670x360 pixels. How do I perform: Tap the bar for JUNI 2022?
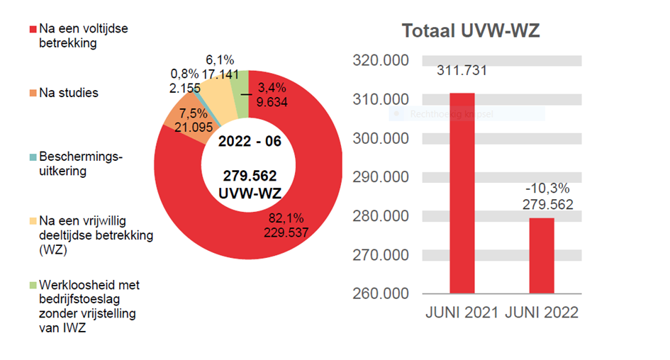542,255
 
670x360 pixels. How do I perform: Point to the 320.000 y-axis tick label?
381,61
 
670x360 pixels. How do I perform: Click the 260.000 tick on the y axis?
381,293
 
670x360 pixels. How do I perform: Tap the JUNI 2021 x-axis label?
462,313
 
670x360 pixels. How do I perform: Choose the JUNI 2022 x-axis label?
542,313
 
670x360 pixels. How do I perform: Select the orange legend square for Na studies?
32,94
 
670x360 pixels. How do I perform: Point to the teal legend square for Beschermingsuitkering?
32,157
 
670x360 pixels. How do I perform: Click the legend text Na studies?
69,93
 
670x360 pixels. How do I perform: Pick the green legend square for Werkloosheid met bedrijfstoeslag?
32,286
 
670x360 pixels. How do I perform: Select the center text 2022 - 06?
250,141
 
